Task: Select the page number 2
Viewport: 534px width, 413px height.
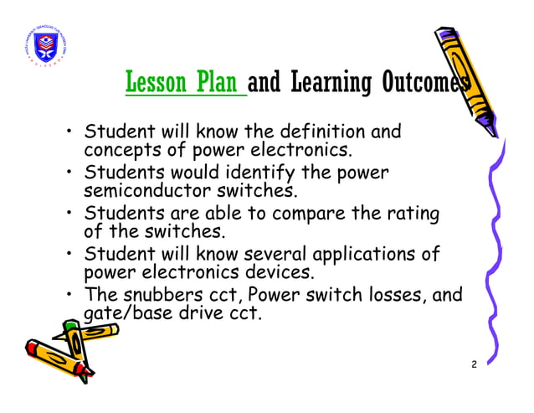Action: (x=474, y=364)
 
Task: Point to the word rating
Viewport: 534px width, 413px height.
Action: (x=411, y=214)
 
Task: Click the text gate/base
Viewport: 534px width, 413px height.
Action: (x=121, y=316)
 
